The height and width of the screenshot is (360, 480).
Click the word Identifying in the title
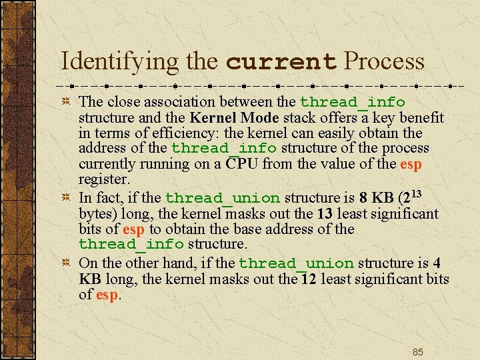(120, 62)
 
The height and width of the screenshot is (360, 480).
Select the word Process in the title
(383, 62)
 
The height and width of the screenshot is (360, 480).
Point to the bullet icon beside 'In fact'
(67, 199)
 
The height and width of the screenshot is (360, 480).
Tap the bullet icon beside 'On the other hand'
(67, 264)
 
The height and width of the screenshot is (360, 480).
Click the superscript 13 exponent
(415, 193)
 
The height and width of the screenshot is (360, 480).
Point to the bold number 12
(309, 279)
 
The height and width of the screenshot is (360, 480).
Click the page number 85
(418, 352)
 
